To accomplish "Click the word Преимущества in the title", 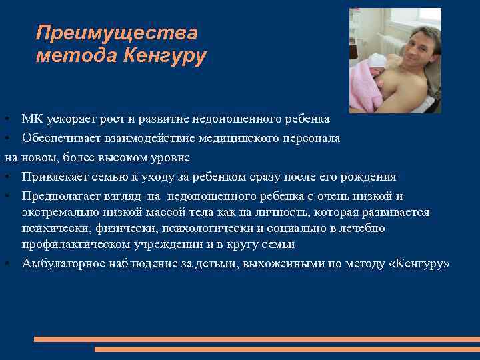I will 117,33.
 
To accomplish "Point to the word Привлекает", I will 52,177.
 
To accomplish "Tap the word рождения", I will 370,177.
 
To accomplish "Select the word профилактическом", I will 73,245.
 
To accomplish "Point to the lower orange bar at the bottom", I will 287,349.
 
